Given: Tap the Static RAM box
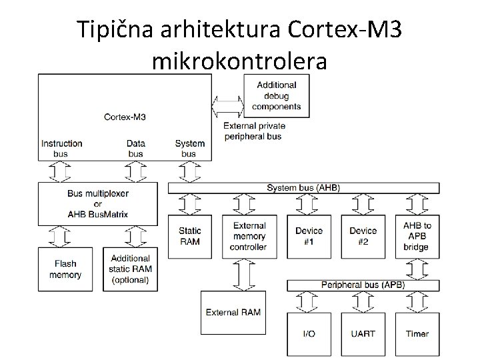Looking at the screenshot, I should coord(191,236).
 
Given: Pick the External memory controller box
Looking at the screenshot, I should coord(249,236).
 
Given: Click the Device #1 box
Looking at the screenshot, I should coord(309,236).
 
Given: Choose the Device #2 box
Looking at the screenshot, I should coord(363,236).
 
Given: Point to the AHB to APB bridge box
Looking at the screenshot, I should coord(417,236).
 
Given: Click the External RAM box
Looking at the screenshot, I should coord(233,312).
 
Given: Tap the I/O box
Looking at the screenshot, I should coord(309,333).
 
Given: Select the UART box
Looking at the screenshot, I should coord(363,333).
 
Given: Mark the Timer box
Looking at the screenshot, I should coord(417,333).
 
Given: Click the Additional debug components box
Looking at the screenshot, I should coord(277,95).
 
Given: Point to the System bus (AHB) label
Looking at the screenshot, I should coord(303,188).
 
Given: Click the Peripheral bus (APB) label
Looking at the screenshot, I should coord(363,285).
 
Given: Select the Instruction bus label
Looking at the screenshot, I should coord(62,148).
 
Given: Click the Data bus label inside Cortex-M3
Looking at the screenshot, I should coord(135,148).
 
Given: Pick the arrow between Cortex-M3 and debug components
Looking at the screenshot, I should coord(228,105).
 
